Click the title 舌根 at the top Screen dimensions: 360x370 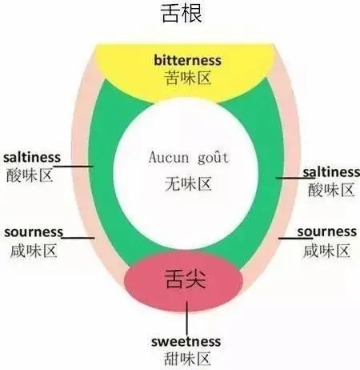point(182,14)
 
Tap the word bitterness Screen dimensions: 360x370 point(187,60)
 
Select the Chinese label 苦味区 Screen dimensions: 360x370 point(187,78)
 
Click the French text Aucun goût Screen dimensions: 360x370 point(189,157)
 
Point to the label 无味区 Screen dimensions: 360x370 point(188,183)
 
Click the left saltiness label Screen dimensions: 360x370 point(32,158)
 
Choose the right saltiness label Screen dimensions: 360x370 point(331,172)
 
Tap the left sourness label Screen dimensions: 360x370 point(34,232)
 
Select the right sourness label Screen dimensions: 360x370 point(327,231)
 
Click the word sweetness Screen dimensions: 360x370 point(186,341)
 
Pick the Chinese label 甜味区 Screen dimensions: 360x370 point(187,359)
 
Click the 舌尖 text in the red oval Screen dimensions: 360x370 point(186,280)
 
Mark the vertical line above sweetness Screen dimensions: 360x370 point(186,318)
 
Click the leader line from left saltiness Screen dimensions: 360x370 point(73,167)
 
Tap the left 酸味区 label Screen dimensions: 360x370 point(29,175)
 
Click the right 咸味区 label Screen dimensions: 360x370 point(326,251)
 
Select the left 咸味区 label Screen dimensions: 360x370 point(34,251)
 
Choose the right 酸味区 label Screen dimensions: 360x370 point(331,190)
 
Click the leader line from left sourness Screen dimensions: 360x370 point(78,238)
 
